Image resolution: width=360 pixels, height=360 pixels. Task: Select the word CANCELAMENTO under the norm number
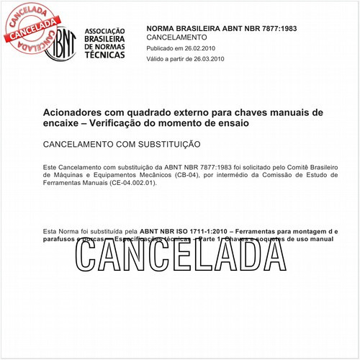click(176, 37)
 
